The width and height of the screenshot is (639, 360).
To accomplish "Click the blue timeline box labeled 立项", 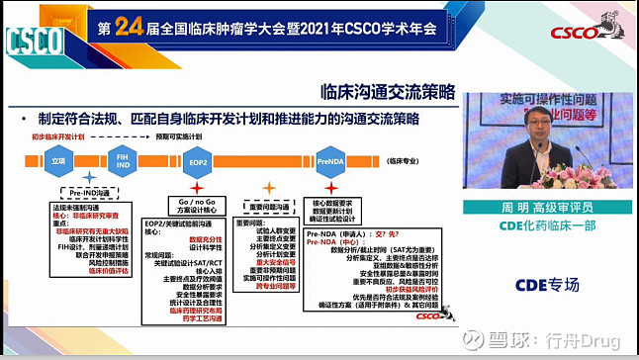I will (58, 159).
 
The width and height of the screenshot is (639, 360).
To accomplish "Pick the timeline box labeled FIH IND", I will (123, 159).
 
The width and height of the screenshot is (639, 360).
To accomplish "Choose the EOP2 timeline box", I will (198, 160).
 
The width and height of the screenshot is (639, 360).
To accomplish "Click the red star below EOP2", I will (198, 185).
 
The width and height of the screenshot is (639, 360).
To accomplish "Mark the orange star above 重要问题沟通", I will (267, 187).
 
